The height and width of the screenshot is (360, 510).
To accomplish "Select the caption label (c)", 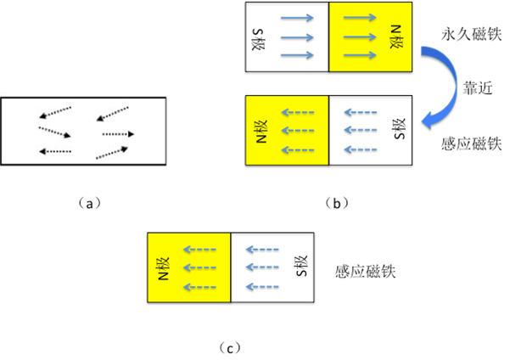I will (230, 347).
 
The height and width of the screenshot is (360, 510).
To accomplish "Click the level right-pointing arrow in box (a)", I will (118, 134).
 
